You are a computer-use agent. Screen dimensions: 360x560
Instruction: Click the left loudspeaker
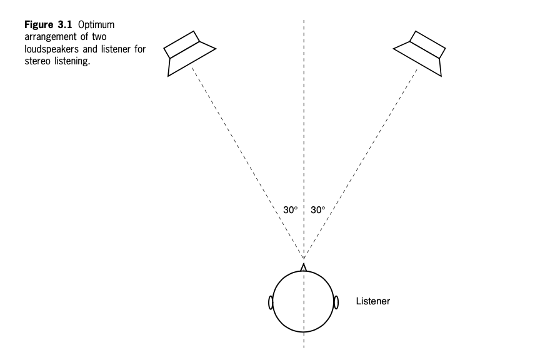(x=188, y=53)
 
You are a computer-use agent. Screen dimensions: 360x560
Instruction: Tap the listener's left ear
(x=271, y=302)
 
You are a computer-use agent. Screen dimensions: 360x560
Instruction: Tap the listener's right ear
(x=336, y=302)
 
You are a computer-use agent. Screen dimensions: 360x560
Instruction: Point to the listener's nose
(x=304, y=267)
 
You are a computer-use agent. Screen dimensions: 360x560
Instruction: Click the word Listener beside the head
(x=372, y=301)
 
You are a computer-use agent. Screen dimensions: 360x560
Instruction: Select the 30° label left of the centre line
(x=290, y=210)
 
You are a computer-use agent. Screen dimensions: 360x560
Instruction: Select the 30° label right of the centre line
(x=317, y=210)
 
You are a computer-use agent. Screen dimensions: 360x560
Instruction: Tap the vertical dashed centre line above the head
(x=304, y=125)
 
